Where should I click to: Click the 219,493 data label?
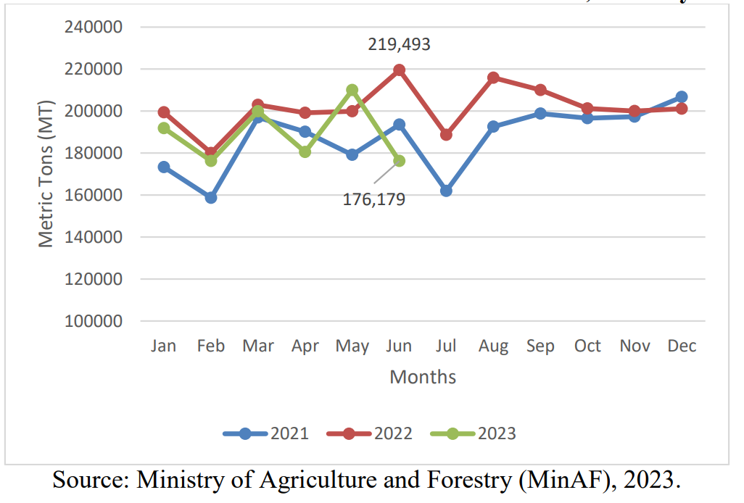tap(399, 45)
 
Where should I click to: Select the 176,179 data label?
tap(373, 199)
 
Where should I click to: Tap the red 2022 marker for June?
tap(399, 70)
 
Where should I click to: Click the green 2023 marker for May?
tap(352, 90)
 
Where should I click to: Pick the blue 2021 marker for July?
tap(446, 191)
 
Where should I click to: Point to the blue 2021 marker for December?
tap(682, 96)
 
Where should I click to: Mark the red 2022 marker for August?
tap(493, 78)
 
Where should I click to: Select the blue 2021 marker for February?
tap(211, 197)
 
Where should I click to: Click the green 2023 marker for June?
tap(399, 161)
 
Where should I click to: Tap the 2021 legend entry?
tap(266, 434)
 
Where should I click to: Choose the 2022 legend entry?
tap(370, 434)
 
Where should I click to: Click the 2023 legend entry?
tap(474, 434)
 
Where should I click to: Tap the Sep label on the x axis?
tap(540, 346)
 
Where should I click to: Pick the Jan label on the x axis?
tap(164, 346)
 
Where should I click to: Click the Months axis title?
tap(423, 377)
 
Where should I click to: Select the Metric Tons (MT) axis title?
tap(46, 174)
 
